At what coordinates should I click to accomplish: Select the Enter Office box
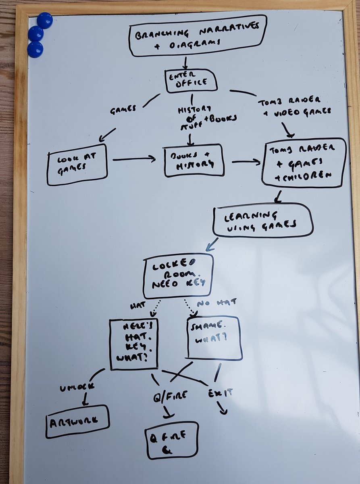(x=191, y=80)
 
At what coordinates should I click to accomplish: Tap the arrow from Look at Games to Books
(x=134, y=160)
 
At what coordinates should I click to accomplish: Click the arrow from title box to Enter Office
(x=185, y=62)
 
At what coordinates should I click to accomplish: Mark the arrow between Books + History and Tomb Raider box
(x=246, y=163)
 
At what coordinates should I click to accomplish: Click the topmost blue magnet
(x=45, y=20)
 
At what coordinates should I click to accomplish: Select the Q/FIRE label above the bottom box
(x=171, y=395)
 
